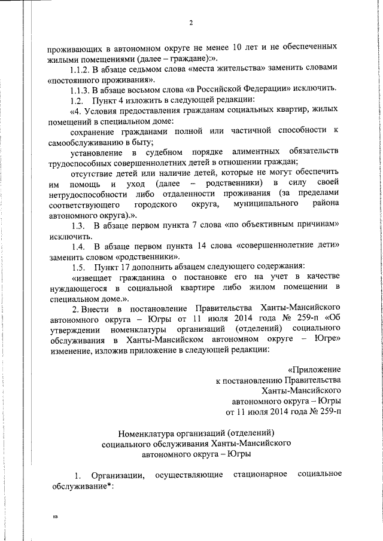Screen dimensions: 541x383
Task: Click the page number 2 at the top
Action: coord(191,23)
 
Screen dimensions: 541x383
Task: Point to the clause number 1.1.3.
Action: coord(84,88)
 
